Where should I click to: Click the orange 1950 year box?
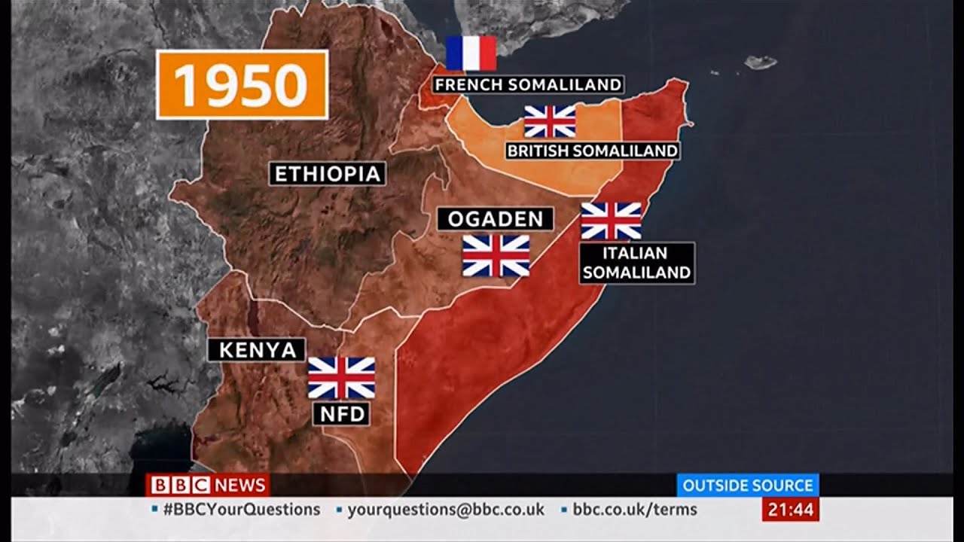point(242,84)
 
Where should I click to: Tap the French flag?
point(471,53)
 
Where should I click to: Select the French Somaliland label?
point(528,84)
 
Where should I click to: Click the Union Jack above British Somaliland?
point(550,120)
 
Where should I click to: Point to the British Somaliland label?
point(592,151)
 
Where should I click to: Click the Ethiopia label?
point(328,174)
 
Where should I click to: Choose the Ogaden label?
point(495,219)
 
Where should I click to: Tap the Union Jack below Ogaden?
point(496,255)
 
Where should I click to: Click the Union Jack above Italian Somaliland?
point(611,221)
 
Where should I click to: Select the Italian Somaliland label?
point(636,263)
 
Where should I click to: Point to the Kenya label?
point(257,349)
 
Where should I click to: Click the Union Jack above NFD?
point(341,377)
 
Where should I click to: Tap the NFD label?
point(341,413)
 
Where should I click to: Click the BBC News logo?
point(207,485)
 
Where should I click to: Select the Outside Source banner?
point(747,485)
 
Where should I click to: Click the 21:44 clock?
point(790,510)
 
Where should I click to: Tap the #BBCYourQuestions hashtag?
point(241,510)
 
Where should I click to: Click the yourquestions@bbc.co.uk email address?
point(445,510)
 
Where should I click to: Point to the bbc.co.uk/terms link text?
point(635,510)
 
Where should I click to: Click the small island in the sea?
point(760,62)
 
